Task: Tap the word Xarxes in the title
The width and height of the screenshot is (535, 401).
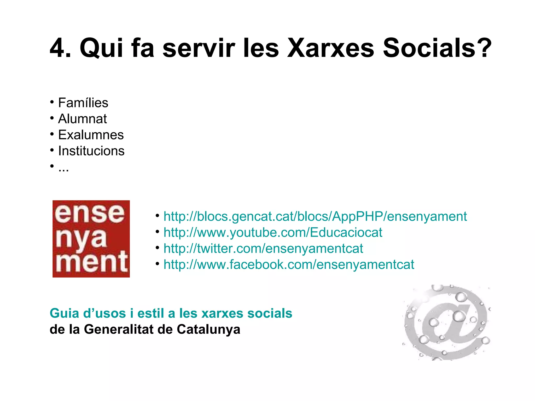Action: (330, 48)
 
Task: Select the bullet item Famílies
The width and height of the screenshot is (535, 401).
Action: (83, 103)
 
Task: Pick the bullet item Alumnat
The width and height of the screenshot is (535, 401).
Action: (82, 119)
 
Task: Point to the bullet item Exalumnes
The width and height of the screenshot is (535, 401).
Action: (91, 135)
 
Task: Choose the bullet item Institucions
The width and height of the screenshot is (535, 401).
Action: (91, 151)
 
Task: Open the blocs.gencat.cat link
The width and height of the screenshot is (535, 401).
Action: (315, 216)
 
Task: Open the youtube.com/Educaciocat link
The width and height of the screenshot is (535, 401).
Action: (273, 232)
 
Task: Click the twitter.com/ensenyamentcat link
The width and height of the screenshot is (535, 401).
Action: (263, 248)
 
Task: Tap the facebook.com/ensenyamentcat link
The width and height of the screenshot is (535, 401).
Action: (289, 264)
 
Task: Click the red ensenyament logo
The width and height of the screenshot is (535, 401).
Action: (91, 239)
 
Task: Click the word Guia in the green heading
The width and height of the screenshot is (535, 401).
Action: (64, 313)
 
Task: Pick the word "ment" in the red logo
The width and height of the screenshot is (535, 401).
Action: (92, 262)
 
